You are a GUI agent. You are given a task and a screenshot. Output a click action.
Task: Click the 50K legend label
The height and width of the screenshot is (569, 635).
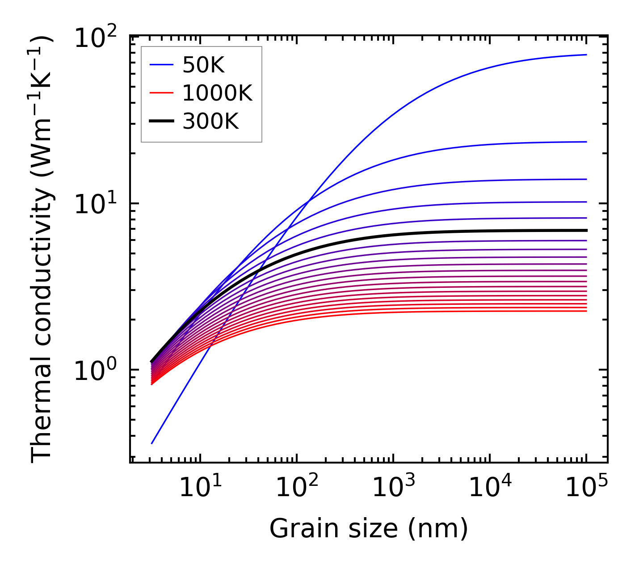pos(203,66)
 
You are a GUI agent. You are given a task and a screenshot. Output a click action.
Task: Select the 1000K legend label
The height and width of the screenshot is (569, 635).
pos(218,93)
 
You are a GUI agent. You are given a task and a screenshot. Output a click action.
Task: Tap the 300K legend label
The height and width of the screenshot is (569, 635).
pos(210,121)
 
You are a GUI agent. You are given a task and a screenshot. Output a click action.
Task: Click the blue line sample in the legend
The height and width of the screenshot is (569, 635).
pos(161,66)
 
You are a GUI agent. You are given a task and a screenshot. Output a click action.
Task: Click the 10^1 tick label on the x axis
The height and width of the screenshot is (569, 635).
pos(200,487)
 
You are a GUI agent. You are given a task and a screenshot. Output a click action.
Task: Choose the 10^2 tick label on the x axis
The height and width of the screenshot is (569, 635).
pos(297,487)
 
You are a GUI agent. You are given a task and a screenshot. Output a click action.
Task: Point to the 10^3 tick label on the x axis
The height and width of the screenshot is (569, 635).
pos(393,487)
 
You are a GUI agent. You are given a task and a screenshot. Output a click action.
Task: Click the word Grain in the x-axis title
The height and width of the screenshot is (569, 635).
pos(295,529)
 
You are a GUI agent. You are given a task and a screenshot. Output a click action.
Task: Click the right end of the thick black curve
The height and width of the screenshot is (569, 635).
pos(586,231)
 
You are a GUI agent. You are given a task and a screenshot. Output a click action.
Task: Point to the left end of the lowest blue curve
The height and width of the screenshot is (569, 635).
pos(152,443)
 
